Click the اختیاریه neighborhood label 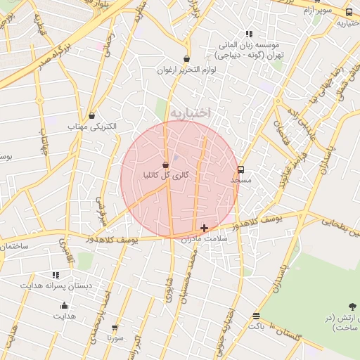(191, 112)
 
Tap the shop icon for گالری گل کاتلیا (165, 165)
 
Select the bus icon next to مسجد (241, 169)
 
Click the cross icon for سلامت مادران (204, 228)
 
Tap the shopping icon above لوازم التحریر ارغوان (186, 59)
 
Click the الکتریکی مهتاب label (91, 127)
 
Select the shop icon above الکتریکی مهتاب (91, 115)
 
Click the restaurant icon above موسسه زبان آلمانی (248, 34)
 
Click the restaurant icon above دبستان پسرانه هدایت (56, 275)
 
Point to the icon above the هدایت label (64, 305)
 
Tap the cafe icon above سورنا (115, 328)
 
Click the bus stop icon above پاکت (256, 316)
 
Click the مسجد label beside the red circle (240, 181)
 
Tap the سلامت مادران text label (205, 239)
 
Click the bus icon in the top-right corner (349, 12)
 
